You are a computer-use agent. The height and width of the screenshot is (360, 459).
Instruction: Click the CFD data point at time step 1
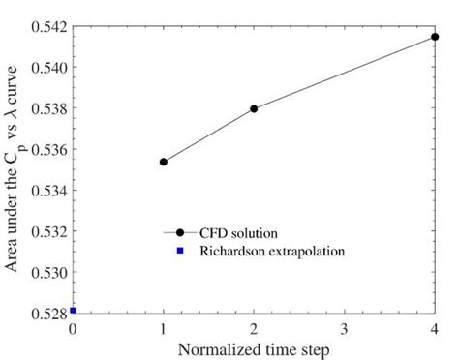point(163,162)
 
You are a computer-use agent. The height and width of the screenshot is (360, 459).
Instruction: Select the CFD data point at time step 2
point(254,108)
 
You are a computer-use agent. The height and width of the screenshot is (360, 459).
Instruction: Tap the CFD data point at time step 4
point(435,37)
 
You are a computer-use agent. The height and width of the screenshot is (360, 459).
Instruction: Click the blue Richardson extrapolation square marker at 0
point(73,311)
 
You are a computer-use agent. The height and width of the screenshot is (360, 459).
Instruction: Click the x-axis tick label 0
point(73,329)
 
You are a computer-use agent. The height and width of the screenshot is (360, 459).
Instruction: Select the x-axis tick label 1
point(163,329)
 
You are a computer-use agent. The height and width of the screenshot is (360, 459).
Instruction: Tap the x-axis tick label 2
point(254,329)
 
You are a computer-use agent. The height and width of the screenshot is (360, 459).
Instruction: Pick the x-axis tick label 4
point(435,329)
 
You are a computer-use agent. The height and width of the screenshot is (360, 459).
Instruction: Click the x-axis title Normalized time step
point(254,348)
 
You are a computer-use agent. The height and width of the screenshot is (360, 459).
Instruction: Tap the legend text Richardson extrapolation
point(273,251)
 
